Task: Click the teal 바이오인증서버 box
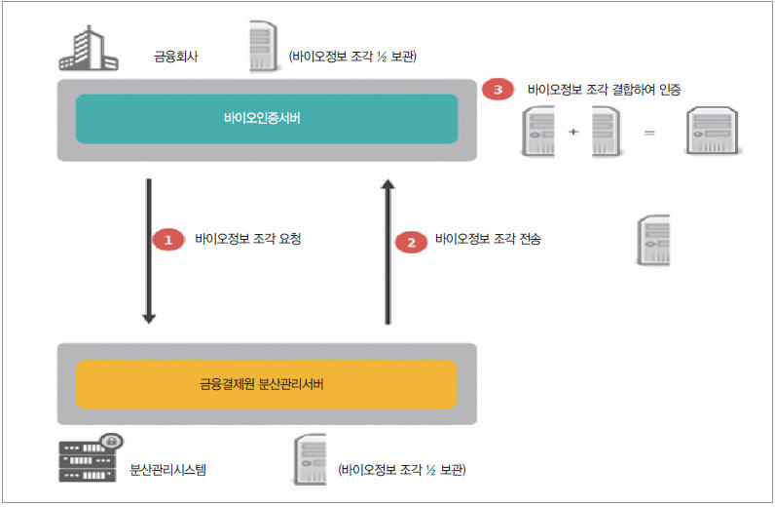click(x=266, y=119)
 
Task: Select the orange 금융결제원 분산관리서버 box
click(x=266, y=384)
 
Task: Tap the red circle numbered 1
click(x=167, y=239)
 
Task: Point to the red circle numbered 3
click(x=498, y=90)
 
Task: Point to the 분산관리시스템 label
click(x=168, y=470)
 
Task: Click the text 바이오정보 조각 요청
click(x=248, y=239)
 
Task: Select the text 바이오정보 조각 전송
click(x=488, y=239)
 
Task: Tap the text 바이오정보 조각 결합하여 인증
click(x=604, y=89)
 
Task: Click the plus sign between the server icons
click(x=572, y=131)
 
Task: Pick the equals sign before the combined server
click(x=649, y=131)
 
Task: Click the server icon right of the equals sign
click(x=709, y=131)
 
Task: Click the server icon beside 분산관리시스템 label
click(x=309, y=459)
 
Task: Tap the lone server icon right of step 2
click(x=653, y=240)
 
